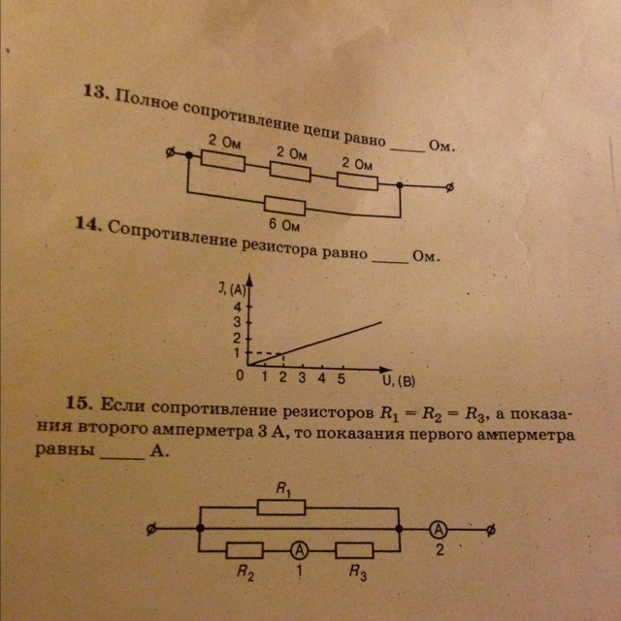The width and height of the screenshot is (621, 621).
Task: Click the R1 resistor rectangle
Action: click(x=282, y=507)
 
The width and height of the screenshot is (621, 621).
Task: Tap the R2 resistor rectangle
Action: click(x=239, y=549)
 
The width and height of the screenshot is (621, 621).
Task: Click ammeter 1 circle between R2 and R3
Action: click(x=298, y=549)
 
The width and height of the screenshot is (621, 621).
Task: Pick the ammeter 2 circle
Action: click(x=439, y=530)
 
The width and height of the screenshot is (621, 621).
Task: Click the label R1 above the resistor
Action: click(x=283, y=490)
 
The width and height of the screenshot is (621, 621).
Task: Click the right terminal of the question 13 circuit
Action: click(x=448, y=188)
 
